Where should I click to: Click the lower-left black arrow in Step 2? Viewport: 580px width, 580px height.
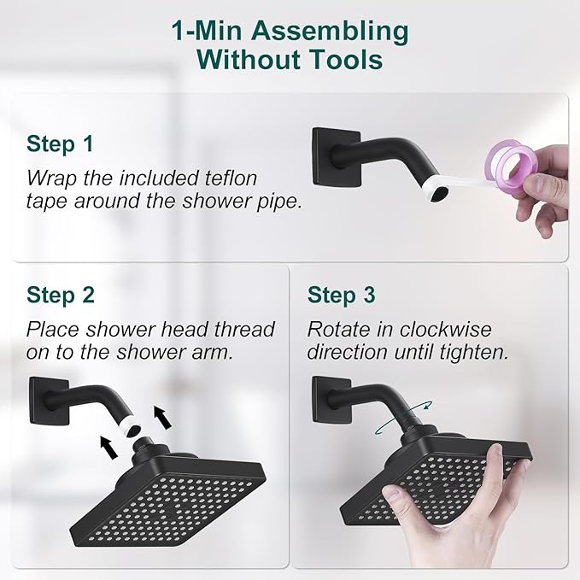click(108, 444)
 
